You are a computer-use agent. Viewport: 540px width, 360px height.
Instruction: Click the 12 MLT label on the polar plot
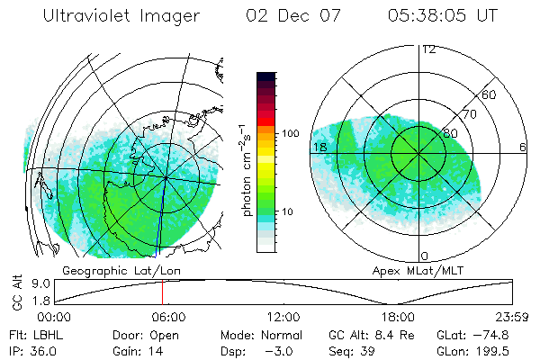428,49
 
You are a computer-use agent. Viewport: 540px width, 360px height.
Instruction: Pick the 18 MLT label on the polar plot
318,147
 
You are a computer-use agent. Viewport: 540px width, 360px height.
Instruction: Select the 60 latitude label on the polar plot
490,94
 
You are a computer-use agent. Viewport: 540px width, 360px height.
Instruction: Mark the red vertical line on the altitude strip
162,292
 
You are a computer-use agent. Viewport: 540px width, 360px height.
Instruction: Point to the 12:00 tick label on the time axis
283,317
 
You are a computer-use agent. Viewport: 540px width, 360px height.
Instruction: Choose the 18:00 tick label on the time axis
398,317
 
